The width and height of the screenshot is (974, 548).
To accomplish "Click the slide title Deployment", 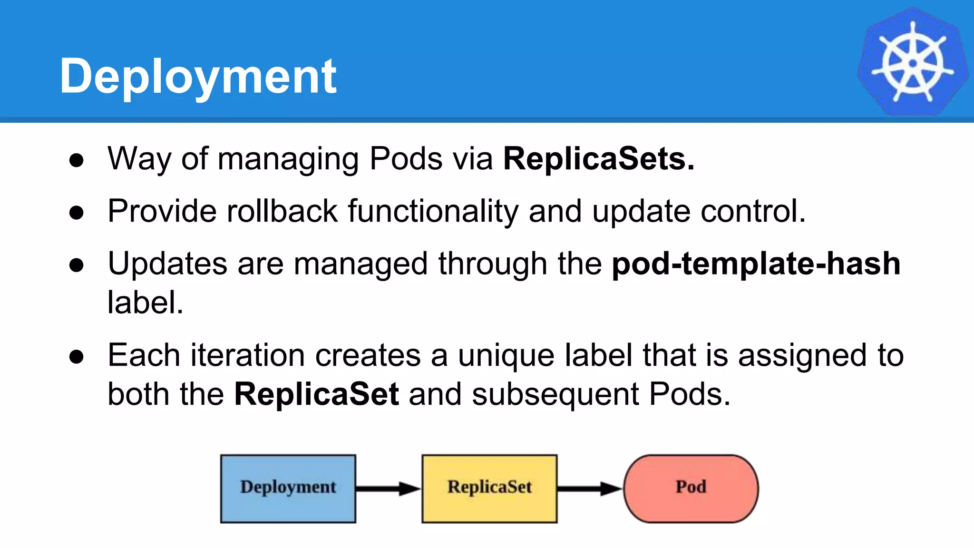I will (198, 76).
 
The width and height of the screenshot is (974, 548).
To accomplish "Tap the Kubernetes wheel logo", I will (912, 62).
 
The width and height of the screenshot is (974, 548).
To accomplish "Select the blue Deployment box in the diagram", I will (288, 489).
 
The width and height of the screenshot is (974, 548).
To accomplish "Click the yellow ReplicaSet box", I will (489, 489).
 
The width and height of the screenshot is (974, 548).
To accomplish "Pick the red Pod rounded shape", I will (691, 489).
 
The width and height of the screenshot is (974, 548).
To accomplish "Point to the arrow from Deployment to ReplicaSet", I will (388, 489).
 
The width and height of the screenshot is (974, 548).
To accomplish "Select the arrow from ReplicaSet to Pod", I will (589, 489).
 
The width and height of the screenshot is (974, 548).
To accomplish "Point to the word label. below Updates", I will (145, 303).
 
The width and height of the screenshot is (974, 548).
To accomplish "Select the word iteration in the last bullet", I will (248, 355).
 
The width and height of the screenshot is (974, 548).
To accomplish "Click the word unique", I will (506, 355).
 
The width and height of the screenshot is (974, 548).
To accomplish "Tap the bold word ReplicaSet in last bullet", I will (316, 394).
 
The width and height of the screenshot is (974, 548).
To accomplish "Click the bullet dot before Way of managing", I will (77, 160).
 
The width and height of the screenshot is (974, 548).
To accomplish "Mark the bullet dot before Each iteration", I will (77, 357).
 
